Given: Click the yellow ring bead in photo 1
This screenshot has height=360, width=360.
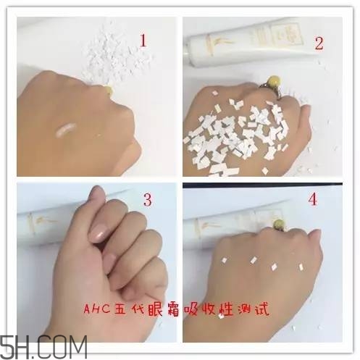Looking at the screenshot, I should pos(109,90).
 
